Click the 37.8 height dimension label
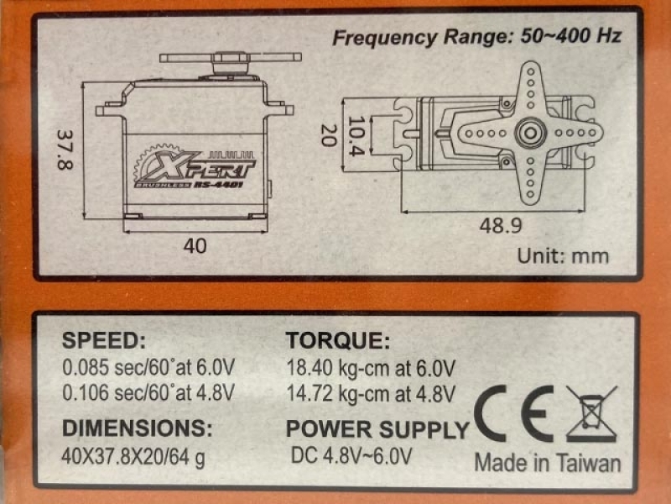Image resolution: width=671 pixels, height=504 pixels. pos(65,150)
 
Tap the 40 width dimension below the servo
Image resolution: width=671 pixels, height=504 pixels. pos(195,246)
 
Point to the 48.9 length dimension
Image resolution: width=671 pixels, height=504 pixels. pos(500,225)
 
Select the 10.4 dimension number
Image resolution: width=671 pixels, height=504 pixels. pos(356,135)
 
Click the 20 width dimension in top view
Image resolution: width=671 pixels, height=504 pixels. pos(329,135)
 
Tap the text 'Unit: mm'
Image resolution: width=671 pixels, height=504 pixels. pos(563,256)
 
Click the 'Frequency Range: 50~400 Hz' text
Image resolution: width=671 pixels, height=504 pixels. pos(476,37)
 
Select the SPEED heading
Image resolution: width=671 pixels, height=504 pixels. pos(104,341)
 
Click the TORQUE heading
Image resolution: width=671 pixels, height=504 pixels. pos(338,341)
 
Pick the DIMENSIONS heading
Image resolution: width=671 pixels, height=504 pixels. pos(138,428)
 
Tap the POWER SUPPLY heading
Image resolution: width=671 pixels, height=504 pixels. pos(378,429)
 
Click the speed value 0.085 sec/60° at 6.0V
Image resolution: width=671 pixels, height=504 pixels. pos(148,368)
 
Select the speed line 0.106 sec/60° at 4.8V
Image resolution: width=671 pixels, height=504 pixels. pos(148,393)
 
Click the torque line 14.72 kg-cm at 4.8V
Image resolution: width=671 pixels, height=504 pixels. pos(371,394)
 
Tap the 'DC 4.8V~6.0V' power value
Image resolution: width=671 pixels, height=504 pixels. pos(351,456)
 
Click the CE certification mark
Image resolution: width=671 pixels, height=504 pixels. pos(513,413)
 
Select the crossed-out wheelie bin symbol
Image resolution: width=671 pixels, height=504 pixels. pos(591,413)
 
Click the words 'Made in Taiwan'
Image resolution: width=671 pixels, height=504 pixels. pos(548,463)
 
